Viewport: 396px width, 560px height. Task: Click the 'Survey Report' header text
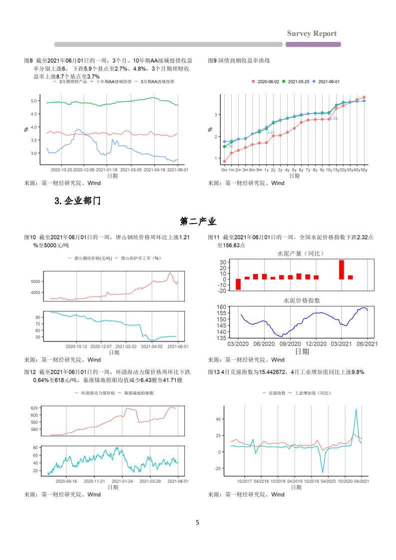[312, 33]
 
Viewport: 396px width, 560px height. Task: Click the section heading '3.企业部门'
[77, 201]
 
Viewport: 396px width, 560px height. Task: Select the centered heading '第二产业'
[198, 221]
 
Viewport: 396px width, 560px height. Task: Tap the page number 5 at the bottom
[198, 523]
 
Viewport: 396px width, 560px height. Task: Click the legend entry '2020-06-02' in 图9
[268, 81]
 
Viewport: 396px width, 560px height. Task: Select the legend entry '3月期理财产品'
[73, 81]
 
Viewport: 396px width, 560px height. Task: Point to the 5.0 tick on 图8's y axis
[34, 101]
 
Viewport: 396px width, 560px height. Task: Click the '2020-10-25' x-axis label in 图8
[61, 170]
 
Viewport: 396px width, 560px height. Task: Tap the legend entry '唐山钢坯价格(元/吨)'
[89, 258]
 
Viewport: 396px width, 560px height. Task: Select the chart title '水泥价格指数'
[302, 300]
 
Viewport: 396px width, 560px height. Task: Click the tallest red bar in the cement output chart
[342, 270]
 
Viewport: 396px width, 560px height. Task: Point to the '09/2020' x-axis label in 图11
[289, 343]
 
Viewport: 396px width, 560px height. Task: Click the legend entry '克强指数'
[277, 393]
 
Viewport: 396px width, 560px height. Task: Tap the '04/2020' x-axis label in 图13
[328, 481]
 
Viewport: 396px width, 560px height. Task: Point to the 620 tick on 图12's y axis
[34, 408]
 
